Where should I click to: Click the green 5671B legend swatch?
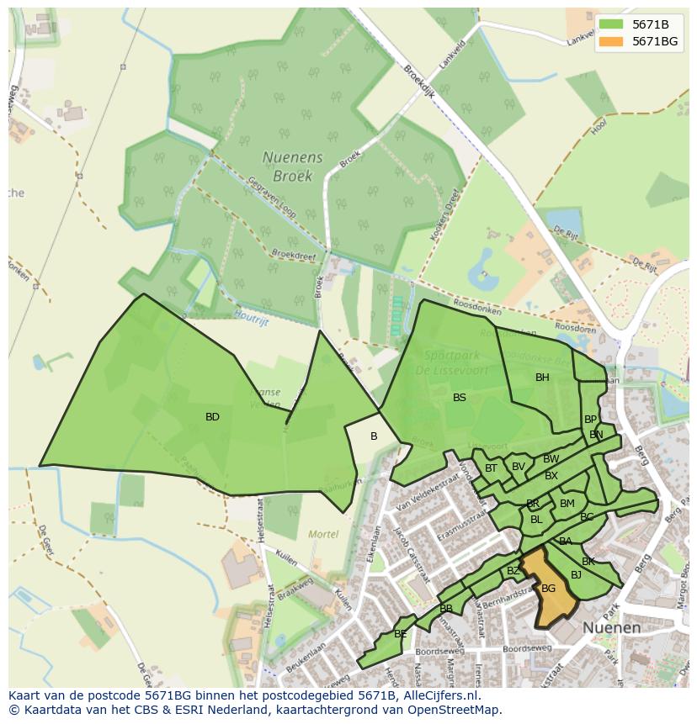tap(611, 24)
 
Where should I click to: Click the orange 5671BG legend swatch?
tap(611, 41)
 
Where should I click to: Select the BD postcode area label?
tap(212, 417)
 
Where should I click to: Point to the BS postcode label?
tap(460, 398)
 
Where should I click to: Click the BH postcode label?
tap(542, 378)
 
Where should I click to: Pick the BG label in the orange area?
tap(548, 589)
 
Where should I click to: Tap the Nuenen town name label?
tap(611, 627)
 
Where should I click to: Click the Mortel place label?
tap(322, 534)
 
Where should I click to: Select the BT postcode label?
tap(491, 468)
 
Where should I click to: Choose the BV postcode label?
tap(519, 467)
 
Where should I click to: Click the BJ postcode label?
tap(576, 575)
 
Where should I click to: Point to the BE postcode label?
tap(401, 634)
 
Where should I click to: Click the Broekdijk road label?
tap(419, 82)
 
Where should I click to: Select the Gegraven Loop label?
tap(271, 197)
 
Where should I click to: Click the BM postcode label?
tap(567, 504)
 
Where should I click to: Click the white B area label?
tap(374, 436)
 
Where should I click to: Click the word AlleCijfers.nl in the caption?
tap(439, 695)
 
